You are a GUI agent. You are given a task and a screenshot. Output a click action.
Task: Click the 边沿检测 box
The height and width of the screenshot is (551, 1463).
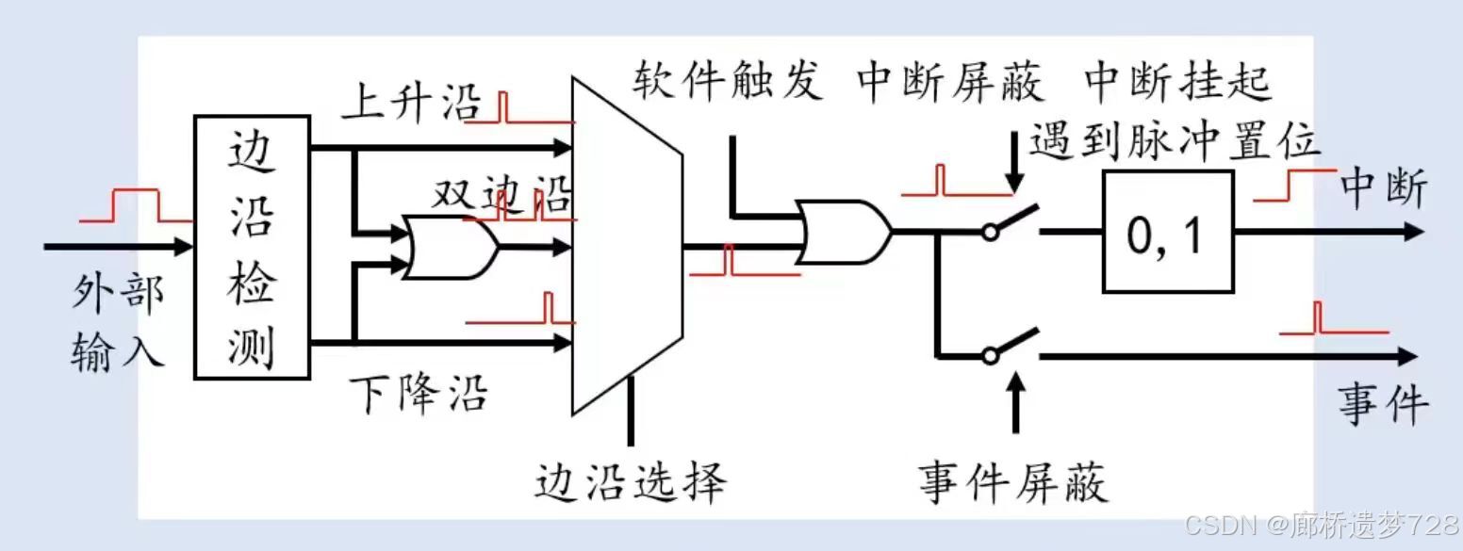pyautogui.click(x=252, y=247)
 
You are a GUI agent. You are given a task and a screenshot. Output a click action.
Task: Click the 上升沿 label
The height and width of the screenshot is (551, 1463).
pyautogui.click(x=410, y=102)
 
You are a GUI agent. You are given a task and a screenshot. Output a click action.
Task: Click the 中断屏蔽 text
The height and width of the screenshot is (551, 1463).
pyautogui.click(x=951, y=83)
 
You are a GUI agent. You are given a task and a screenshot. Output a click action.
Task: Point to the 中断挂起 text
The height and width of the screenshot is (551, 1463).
pyautogui.click(x=1178, y=83)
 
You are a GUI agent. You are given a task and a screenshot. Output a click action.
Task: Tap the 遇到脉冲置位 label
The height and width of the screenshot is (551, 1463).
pyautogui.click(x=1174, y=142)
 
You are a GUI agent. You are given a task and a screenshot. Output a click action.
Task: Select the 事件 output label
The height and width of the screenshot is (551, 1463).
pyautogui.click(x=1383, y=402)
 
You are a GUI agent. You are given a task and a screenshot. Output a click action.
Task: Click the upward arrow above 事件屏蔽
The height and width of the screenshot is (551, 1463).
pyautogui.click(x=1015, y=401)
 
